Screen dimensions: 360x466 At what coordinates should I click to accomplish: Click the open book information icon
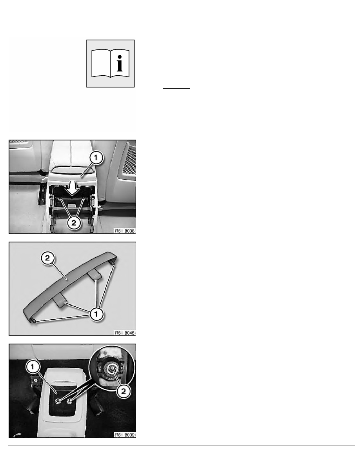click(x=111, y=64)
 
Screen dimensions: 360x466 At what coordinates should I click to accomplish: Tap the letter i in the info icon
click(x=119, y=64)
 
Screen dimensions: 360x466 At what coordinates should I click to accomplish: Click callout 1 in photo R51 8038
click(x=96, y=158)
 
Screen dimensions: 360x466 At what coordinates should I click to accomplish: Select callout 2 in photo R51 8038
click(x=74, y=222)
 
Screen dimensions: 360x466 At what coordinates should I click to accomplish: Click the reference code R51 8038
click(x=125, y=231)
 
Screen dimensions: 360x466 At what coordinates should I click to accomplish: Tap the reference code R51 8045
click(x=125, y=333)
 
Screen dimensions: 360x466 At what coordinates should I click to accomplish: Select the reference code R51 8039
click(x=125, y=435)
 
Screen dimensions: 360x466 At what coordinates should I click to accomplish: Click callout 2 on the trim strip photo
click(x=47, y=258)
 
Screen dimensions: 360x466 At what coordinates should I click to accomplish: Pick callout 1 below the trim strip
click(x=96, y=314)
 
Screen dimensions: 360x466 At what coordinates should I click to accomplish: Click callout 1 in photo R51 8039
click(x=33, y=367)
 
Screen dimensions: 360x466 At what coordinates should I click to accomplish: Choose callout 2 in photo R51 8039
click(x=123, y=391)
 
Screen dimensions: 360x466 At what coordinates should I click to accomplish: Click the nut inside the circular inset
click(x=112, y=369)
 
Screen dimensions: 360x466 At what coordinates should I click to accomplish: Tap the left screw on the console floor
click(x=58, y=401)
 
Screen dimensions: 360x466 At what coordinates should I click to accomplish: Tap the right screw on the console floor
click(x=69, y=401)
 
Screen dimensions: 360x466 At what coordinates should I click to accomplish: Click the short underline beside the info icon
click(x=176, y=88)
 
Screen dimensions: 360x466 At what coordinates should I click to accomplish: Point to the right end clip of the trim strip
click(x=113, y=263)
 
